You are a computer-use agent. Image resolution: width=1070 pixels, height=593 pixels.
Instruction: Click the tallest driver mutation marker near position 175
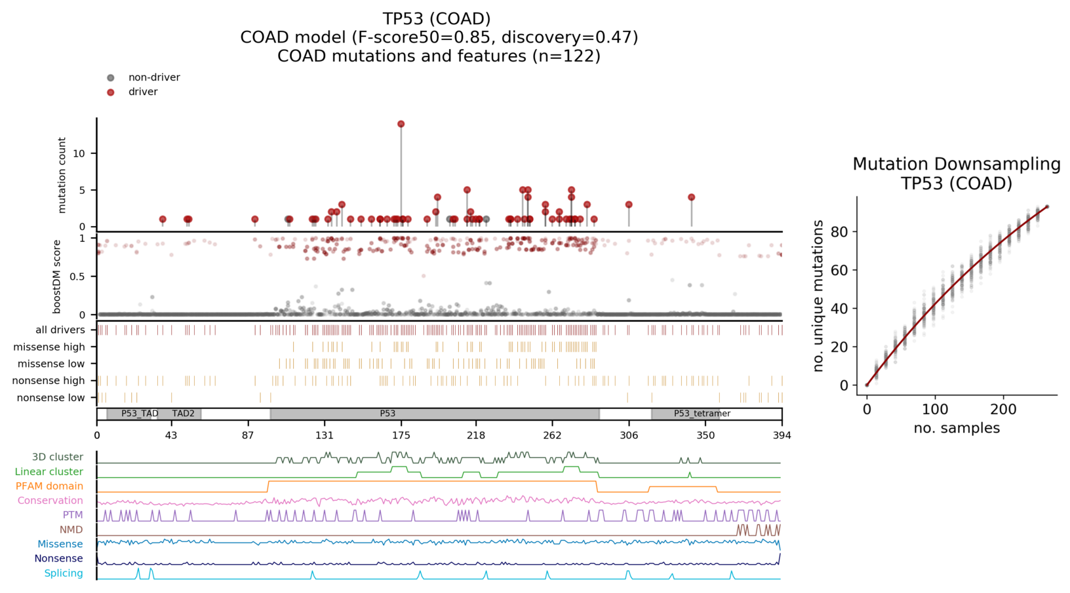(401, 124)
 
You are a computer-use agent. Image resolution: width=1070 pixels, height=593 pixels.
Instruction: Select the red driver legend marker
(111, 92)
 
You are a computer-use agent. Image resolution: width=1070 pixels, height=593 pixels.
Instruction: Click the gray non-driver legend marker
(111, 78)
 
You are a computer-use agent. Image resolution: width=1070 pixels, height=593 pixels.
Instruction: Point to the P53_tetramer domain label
(702, 413)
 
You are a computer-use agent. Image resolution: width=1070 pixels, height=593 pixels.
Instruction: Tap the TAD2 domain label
(184, 413)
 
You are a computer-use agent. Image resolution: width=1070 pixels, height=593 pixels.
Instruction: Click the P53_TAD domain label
(140, 413)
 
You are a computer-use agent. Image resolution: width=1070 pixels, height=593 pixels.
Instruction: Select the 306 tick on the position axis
(629, 435)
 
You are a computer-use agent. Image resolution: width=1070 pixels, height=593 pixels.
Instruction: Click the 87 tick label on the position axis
(248, 435)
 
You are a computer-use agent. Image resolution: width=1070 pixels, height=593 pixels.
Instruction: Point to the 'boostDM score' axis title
(57, 277)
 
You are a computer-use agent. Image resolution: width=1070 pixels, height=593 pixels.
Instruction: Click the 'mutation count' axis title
(62, 175)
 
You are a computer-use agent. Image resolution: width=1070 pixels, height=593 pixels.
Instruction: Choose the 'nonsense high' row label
(49, 381)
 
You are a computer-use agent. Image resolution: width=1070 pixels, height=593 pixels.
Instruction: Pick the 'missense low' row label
(51, 364)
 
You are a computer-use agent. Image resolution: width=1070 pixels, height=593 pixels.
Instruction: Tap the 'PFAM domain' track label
(49, 486)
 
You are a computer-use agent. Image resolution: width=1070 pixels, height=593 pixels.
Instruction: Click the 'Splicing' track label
(64, 573)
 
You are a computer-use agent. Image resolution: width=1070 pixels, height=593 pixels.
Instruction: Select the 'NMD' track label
(71, 529)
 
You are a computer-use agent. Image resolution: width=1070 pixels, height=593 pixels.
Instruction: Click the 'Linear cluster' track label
(49, 472)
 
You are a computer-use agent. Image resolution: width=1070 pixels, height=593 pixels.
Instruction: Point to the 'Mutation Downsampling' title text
(956, 164)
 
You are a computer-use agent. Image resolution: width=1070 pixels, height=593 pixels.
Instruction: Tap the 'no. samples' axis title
(957, 429)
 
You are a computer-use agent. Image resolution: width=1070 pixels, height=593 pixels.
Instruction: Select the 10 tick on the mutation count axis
(79, 153)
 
